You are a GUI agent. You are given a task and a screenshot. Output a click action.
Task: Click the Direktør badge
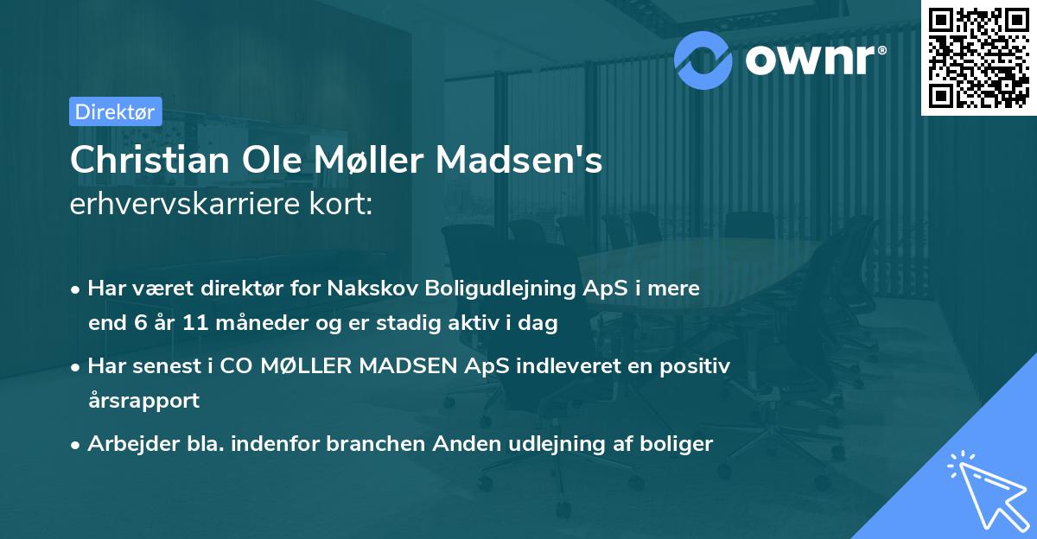[115, 111]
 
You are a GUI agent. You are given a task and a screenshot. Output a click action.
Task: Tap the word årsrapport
[143, 401]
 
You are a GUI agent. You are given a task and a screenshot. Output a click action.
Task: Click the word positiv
[701, 365]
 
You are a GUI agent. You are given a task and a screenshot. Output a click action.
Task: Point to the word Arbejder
[126, 444]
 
